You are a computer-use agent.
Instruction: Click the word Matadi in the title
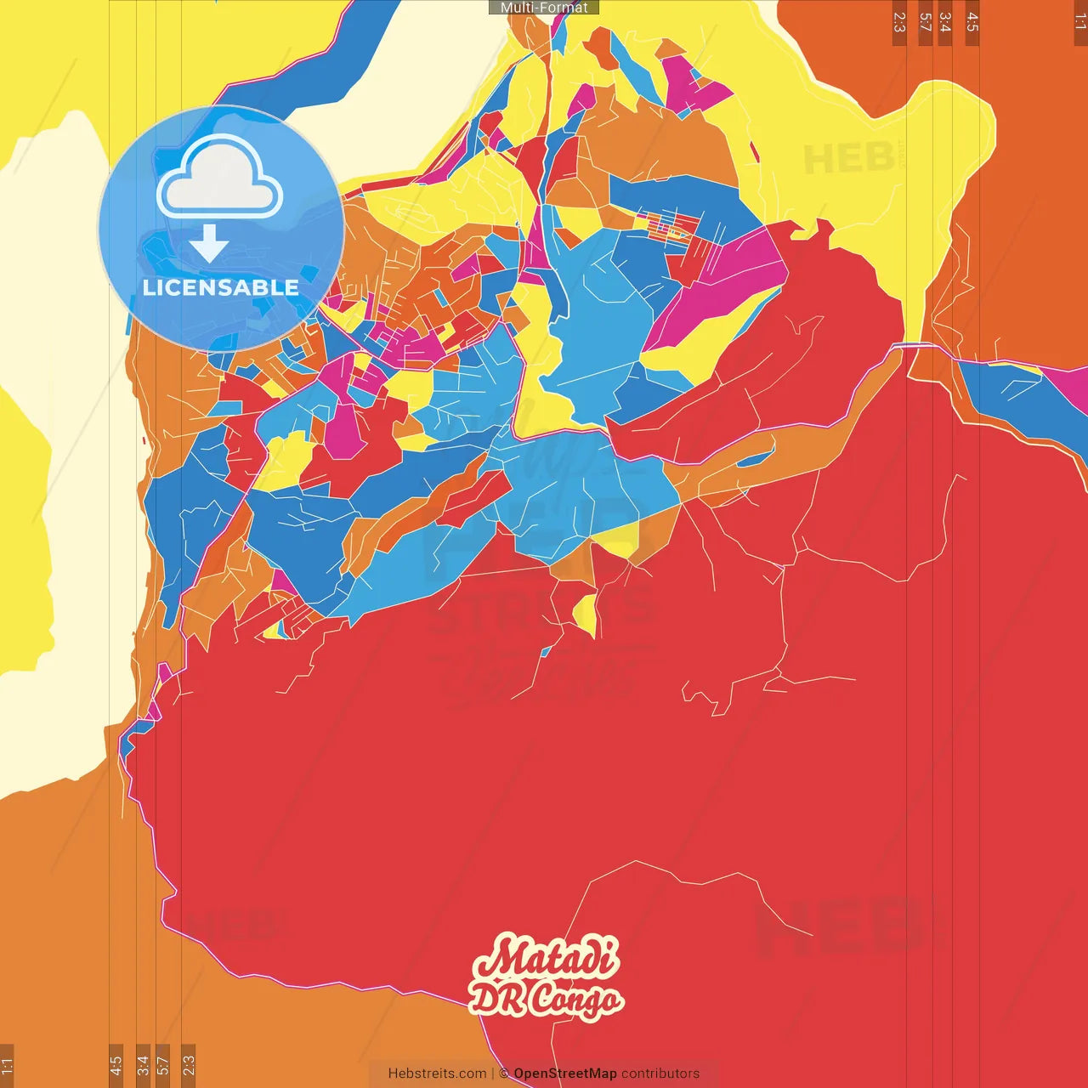point(547,958)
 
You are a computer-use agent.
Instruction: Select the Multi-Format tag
point(544,8)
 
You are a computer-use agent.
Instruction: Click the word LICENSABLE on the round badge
point(221,287)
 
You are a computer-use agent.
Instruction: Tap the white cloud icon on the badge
point(219,178)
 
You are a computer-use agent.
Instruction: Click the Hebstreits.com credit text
point(437,1074)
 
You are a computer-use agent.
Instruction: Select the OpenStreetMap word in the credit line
point(565,1074)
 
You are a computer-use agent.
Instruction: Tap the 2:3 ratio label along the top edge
point(899,22)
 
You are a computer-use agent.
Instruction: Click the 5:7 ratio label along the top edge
point(925,22)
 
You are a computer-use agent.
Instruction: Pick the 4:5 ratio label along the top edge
point(972,22)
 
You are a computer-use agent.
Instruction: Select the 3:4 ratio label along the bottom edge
point(143,1065)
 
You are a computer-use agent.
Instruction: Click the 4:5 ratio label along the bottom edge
point(116,1065)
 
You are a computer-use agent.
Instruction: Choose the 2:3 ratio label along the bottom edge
point(189,1065)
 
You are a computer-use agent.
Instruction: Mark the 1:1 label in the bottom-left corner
point(7,1065)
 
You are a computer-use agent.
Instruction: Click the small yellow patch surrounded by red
point(586,614)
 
